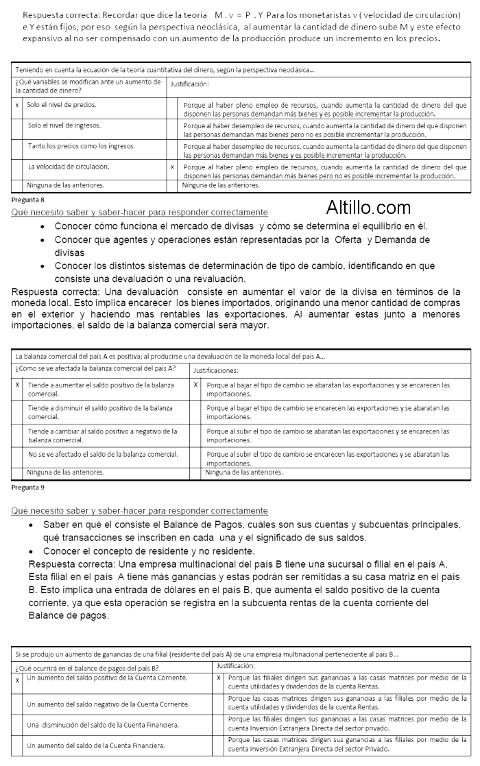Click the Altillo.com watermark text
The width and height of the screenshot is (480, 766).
368,208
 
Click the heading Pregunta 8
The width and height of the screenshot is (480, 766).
28,199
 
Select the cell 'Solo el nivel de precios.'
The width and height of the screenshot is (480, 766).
62,105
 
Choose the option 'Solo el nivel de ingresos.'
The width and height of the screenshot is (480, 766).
64,125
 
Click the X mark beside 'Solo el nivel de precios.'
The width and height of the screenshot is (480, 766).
17,105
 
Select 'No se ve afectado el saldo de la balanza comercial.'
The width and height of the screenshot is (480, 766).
103,454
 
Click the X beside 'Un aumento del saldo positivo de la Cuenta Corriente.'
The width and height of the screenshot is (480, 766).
17,679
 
